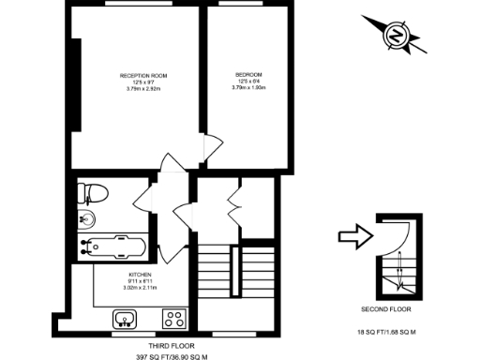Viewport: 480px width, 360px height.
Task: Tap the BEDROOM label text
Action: (248, 75)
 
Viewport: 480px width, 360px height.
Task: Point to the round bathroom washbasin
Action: (86, 220)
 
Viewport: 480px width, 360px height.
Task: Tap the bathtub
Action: (111, 247)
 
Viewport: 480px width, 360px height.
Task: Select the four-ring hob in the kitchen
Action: (172, 317)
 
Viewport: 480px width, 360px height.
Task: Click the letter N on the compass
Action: (396, 37)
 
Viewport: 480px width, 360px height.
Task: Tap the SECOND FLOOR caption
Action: (385, 308)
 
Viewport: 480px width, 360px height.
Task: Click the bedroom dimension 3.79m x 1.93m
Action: (248, 90)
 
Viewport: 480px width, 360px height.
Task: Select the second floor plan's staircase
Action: (395, 259)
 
